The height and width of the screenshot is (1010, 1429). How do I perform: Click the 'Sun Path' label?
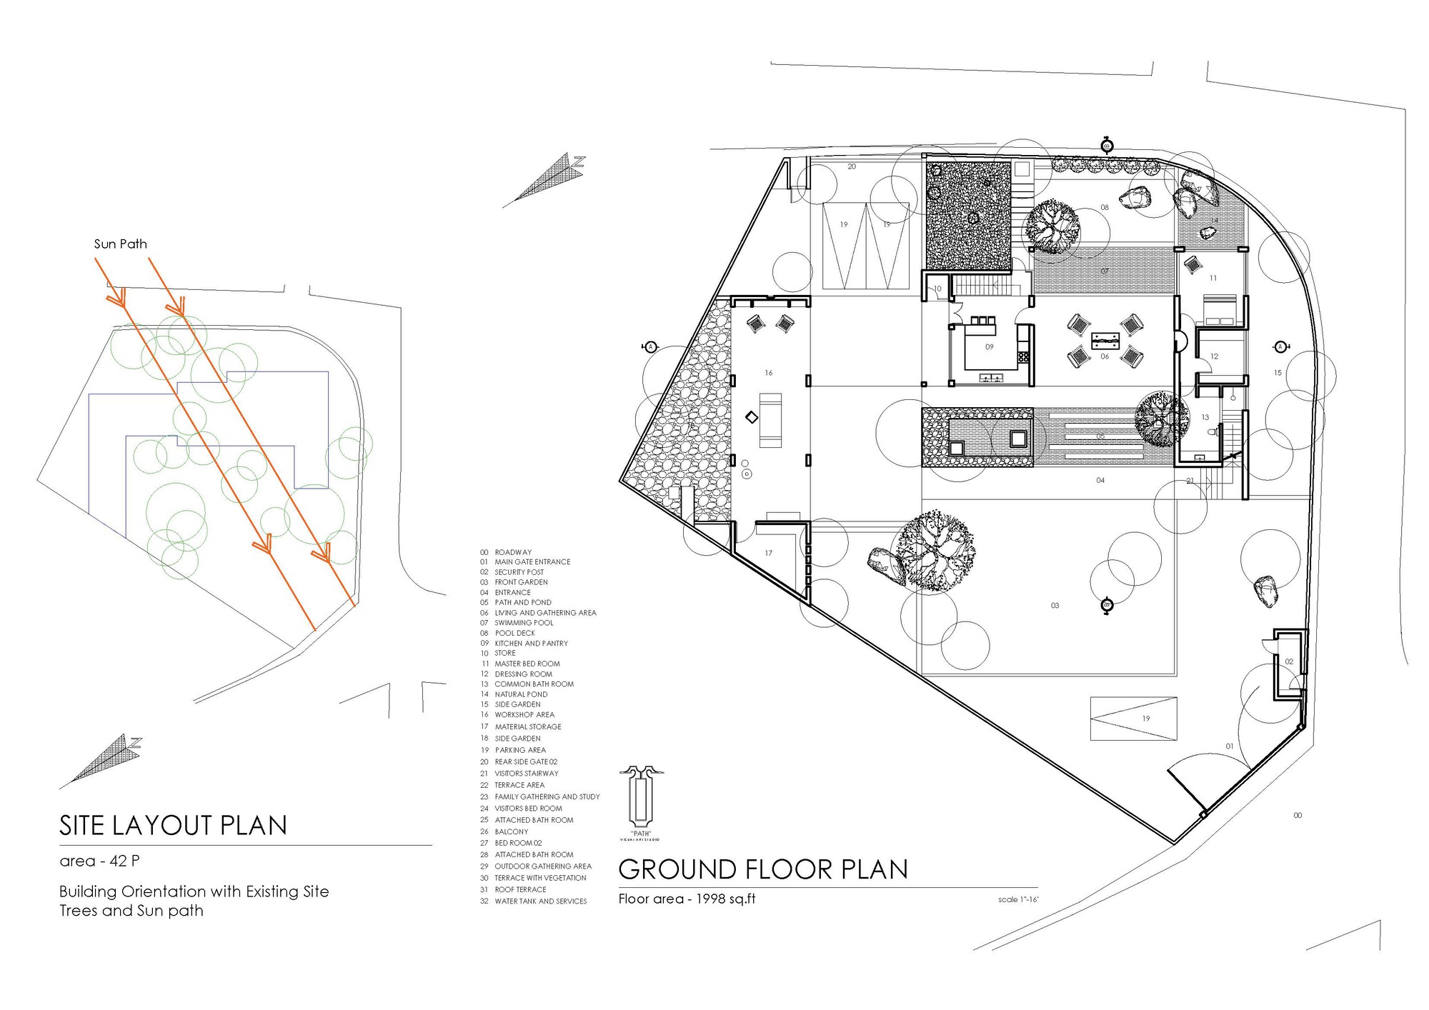[x=120, y=244]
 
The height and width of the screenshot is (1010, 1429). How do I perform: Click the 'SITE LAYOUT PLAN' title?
[x=173, y=826]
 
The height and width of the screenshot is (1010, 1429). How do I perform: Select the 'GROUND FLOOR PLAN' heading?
[x=762, y=869]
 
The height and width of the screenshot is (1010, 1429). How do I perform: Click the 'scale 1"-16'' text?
[x=1017, y=899]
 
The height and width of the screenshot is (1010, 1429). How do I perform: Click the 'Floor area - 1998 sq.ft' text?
[x=687, y=899]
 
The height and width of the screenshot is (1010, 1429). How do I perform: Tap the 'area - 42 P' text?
[x=99, y=861]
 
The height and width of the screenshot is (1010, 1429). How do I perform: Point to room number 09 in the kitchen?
[x=989, y=347]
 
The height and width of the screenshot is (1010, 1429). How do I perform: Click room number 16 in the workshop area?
[x=768, y=373]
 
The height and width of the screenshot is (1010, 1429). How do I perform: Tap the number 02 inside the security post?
[x=1288, y=661]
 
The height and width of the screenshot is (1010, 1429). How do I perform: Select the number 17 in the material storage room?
[x=768, y=553]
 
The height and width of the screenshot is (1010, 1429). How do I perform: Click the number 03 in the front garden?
[x=1055, y=606]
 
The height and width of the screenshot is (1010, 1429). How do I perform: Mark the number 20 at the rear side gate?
[x=852, y=166]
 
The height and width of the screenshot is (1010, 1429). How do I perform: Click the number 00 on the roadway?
[x=1298, y=815]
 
